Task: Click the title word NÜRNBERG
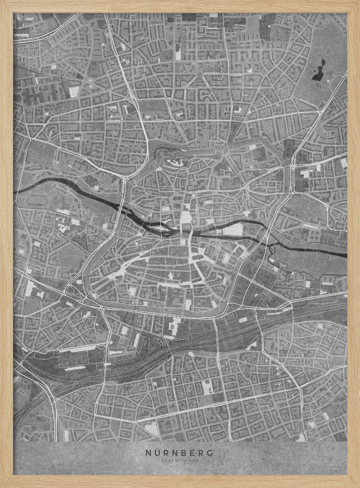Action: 179,452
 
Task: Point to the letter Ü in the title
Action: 156,452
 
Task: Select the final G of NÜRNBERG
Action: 211,452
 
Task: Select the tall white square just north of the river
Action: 187,219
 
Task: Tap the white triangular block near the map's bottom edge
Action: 152,428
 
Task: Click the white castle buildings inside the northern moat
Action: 175,163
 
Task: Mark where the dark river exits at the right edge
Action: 346,255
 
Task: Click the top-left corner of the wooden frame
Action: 1,1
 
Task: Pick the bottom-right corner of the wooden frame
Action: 358,486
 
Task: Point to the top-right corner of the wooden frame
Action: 358,1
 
